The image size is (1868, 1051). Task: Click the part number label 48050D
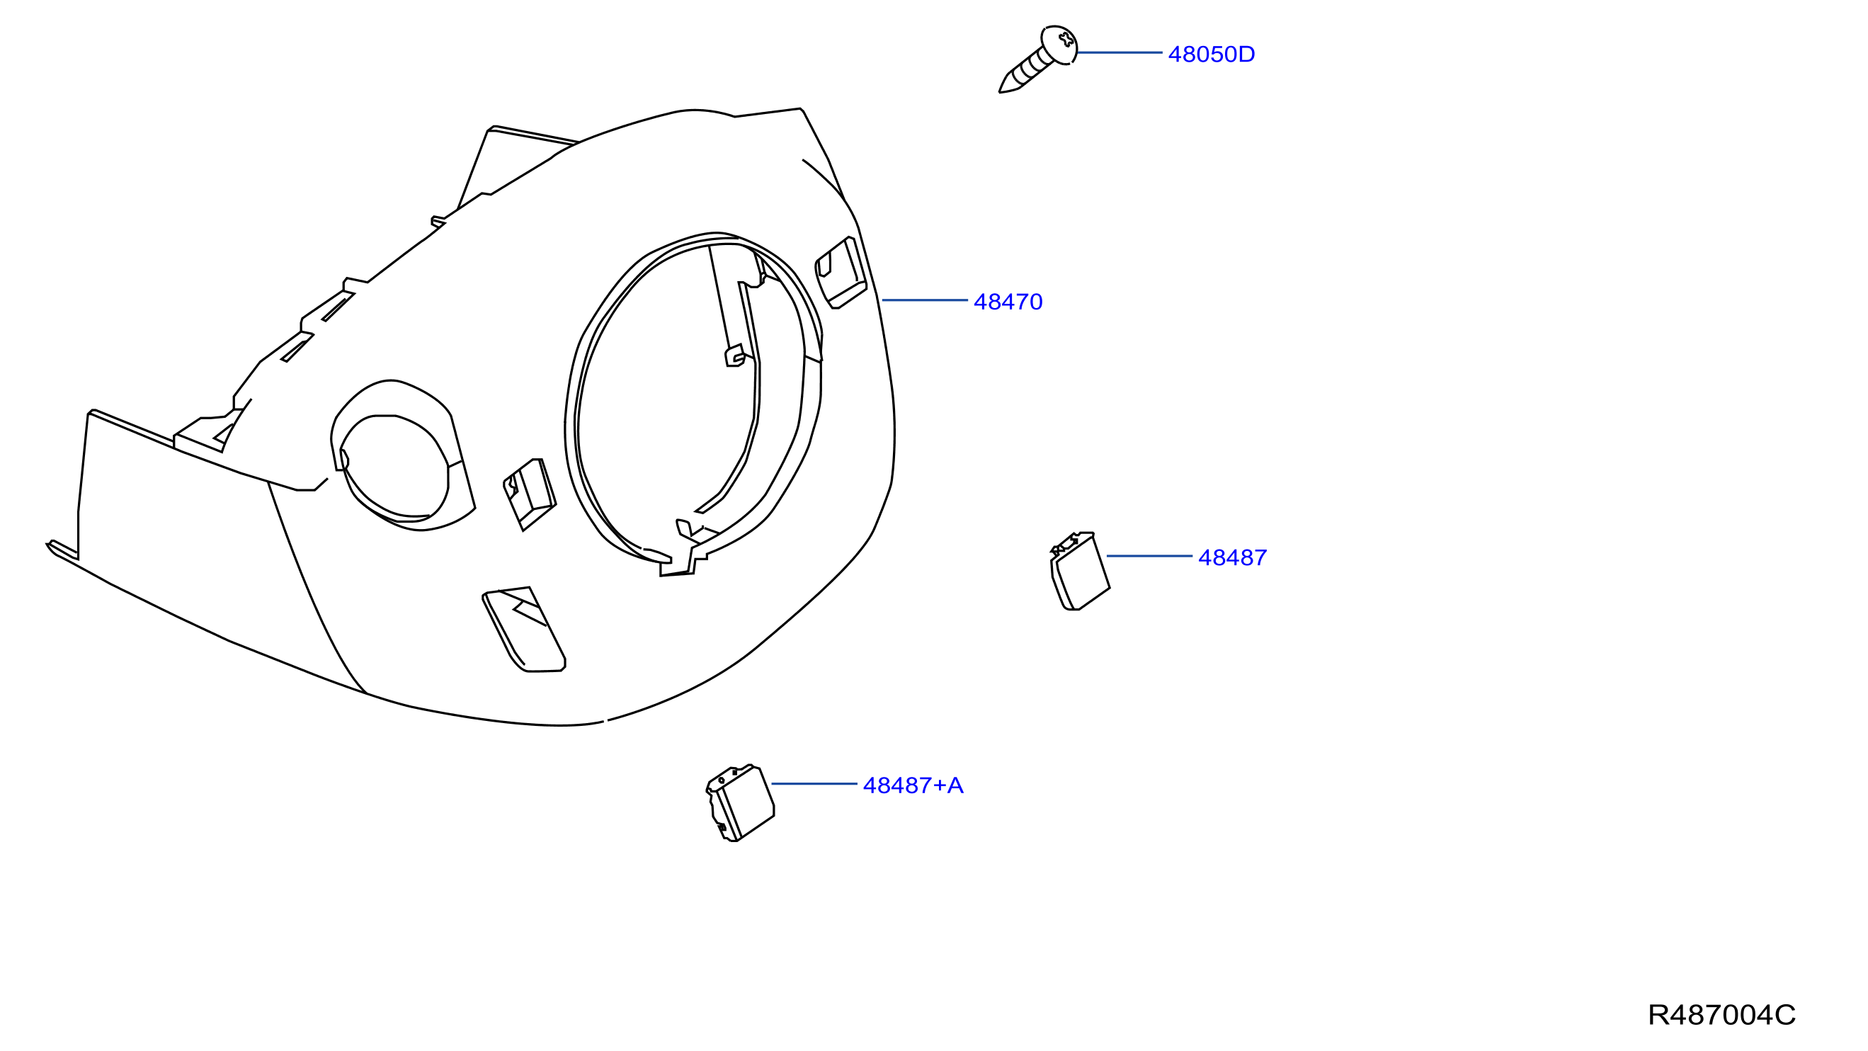1211,55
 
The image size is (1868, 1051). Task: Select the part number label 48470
1008,302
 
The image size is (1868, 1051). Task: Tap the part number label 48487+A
913,785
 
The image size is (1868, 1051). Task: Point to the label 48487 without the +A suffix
1233,558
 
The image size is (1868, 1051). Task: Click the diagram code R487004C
1721,1015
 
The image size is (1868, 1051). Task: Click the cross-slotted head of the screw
1059,44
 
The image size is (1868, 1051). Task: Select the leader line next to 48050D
1120,53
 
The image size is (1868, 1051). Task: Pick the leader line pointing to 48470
925,300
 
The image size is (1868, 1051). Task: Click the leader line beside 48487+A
814,784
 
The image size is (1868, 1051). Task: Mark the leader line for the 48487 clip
1149,557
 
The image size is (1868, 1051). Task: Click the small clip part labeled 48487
1080,572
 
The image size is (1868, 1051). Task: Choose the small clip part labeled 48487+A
741,802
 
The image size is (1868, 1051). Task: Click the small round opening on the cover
394,469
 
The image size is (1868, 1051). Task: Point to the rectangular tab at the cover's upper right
841,273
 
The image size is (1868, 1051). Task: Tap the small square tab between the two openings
530,494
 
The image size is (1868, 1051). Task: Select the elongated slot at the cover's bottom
523,630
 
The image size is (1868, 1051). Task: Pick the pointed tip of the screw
1001,91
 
